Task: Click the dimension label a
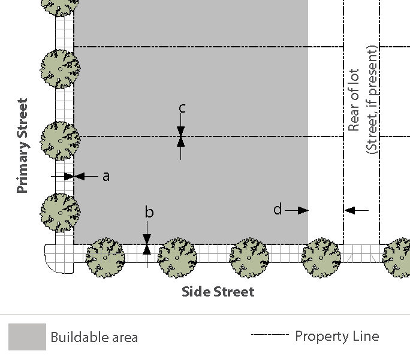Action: point(106,176)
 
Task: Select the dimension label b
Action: point(149,213)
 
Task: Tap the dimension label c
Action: point(182,108)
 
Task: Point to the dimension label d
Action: point(278,210)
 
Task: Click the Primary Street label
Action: point(23,146)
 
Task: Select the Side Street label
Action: point(218,292)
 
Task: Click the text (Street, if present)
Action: point(371,99)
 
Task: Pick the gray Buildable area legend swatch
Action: point(27,337)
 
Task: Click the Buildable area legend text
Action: point(94,337)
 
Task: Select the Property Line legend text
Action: point(337,336)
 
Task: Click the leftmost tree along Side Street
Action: point(105,258)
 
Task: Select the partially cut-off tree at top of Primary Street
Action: point(59,6)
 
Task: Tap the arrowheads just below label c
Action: point(180,137)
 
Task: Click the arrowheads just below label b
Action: point(147,244)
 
